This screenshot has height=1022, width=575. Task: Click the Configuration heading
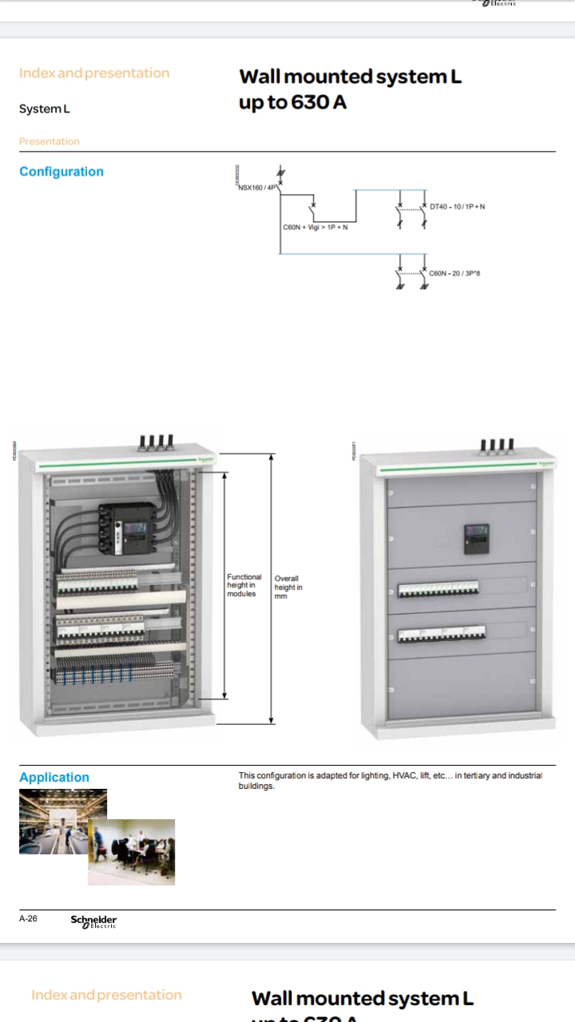tap(61, 172)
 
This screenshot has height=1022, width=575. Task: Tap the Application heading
tap(54, 777)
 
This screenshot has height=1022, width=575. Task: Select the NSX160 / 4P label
tap(256, 188)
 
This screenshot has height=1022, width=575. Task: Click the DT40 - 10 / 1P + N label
tap(457, 207)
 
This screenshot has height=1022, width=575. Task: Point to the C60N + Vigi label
tap(315, 227)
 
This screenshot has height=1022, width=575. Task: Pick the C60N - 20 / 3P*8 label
tap(454, 273)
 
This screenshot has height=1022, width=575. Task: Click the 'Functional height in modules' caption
tap(244, 585)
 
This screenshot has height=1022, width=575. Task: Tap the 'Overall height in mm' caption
tap(288, 587)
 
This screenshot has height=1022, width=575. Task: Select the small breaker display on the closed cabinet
tap(476, 536)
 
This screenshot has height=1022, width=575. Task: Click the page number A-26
tap(28, 919)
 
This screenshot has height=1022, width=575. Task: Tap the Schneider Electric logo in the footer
tap(93, 921)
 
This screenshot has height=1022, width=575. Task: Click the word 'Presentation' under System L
tap(50, 141)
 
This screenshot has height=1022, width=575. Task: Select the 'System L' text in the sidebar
tap(45, 109)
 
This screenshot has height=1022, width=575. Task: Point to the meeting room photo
tap(131, 852)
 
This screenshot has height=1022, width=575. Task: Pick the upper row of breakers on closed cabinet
tap(438, 590)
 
